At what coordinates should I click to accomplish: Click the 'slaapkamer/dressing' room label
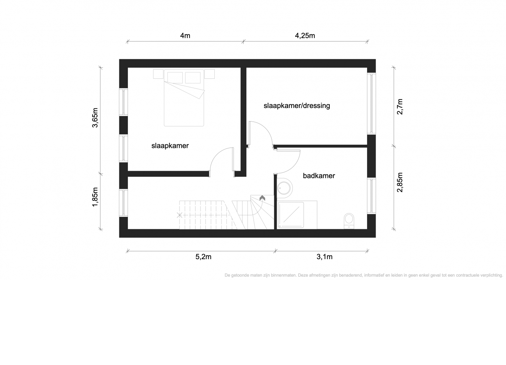pyautogui.click(x=297, y=106)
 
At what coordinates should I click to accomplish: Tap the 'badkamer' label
pyautogui.click(x=319, y=176)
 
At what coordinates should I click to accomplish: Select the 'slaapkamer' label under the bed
pyautogui.click(x=170, y=146)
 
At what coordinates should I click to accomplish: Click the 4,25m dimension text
pyautogui.click(x=305, y=36)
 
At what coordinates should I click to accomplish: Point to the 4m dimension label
pyautogui.click(x=185, y=36)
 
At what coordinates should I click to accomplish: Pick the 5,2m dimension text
pyautogui.click(x=203, y=257)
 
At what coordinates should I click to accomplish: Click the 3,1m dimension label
pyautogui.click(x=324, y=257)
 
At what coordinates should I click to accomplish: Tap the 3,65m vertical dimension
pyautogui.click(x=95, y=118)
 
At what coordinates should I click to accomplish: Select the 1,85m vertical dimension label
pyautogui.click(x=95, y=197)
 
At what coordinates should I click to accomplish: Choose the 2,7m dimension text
pyautogui.click(x=400, y=107)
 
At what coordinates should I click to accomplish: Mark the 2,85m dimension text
pyautogui.click(x=400, y=182)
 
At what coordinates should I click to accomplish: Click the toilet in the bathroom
pyautogui.click(x=349, y=221)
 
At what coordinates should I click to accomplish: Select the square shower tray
pyautogui.click(x=291, y=215)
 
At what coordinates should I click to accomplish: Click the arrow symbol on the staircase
pyautogui.click(x=262, y=198)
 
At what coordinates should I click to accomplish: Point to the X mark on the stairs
pyautogui.click(x=179, y=215)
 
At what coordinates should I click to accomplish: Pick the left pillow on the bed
pyautogui.click(x=175, y=78)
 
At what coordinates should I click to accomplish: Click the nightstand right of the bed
pyautogui.click(x=209, y=74)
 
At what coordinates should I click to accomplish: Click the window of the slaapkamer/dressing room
pyautogui.click(x=371, y=104)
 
